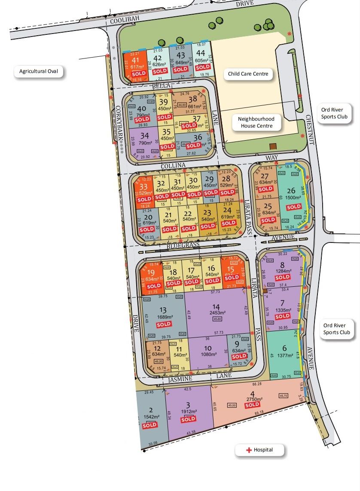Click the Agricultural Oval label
[x=41, y=71]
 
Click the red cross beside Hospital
[x=248, y=450]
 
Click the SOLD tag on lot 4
[x=252, y=405]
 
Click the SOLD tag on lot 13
[x=164, y=325]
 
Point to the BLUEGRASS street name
[x=183, y=245]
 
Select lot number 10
[x=208, y=348]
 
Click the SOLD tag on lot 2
[x=149, y=425]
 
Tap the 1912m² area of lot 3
[x=188, y=411]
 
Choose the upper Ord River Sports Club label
[x=335, y=113]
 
